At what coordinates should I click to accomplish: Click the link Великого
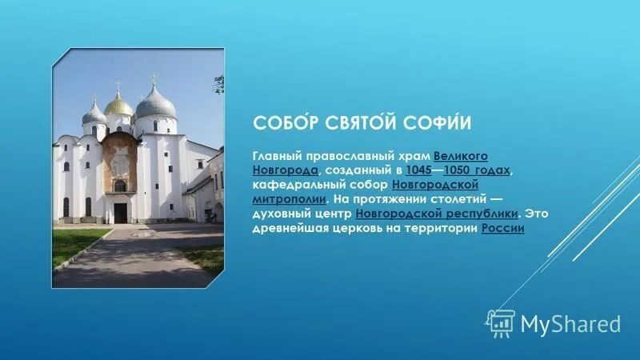coord(461,156)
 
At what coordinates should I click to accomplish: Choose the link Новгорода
coord(286,170)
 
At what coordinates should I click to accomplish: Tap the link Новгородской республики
coord(437,214)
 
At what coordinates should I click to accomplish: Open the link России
coord(503,229)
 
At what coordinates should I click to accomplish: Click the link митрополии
coord(289,199)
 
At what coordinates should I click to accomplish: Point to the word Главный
coord(278,156)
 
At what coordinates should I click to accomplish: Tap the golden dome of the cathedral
coord(119,104)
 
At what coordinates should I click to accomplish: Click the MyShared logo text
coord(570,324)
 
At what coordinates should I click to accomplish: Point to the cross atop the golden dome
coord(118,85)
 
